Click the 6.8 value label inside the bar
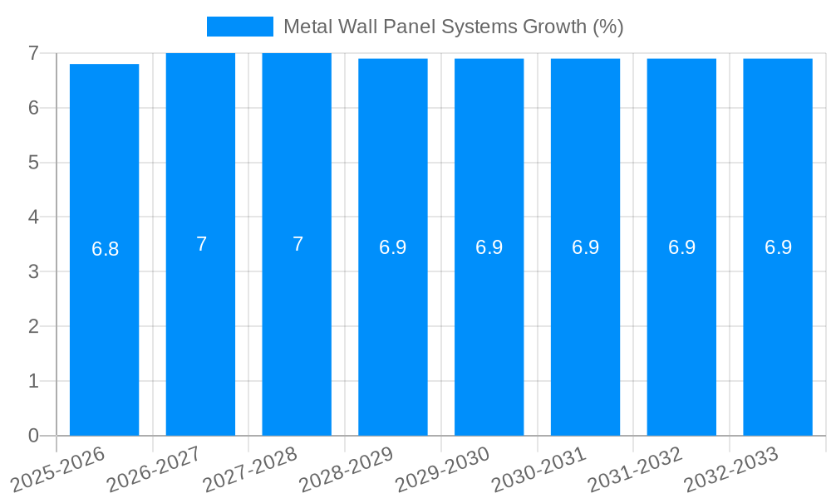[x=105, y=249]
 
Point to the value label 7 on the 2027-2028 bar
[x=297, y=244]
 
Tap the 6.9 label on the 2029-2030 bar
[x=489, y=247]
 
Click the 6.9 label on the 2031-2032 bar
[x=681, y=247]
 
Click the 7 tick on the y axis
[x=33, y=53]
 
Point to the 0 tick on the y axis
[x=33, y=436]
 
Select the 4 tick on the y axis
[x=33, y=217]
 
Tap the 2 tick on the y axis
[x=33, y=326]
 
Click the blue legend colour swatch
[x=239, y=27]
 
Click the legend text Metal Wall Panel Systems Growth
[x=453, y=27]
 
